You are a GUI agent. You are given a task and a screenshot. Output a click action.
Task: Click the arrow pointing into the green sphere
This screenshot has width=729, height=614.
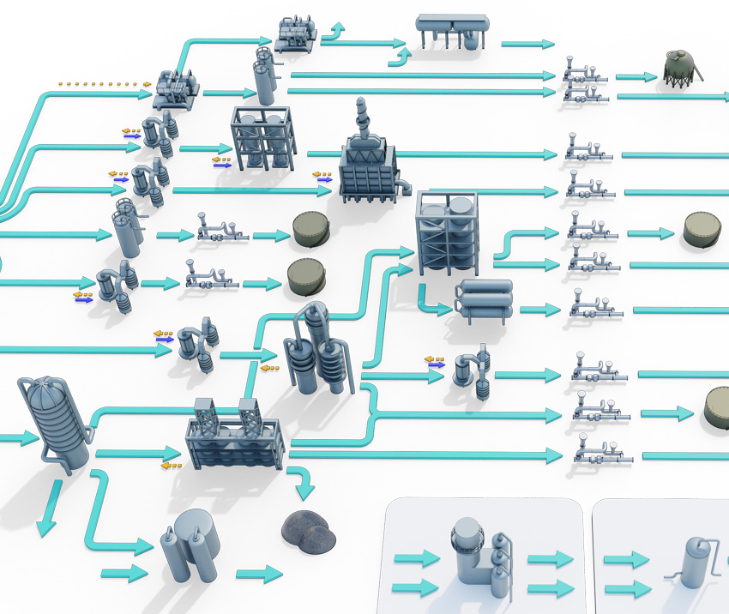[636, 78]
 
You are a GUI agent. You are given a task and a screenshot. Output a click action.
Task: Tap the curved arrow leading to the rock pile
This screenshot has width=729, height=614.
[302, 483]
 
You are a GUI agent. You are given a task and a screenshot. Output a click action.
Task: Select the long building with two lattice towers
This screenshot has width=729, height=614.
[233, 435]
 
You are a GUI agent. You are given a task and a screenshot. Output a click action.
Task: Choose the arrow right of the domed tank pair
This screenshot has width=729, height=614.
[259, 573]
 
